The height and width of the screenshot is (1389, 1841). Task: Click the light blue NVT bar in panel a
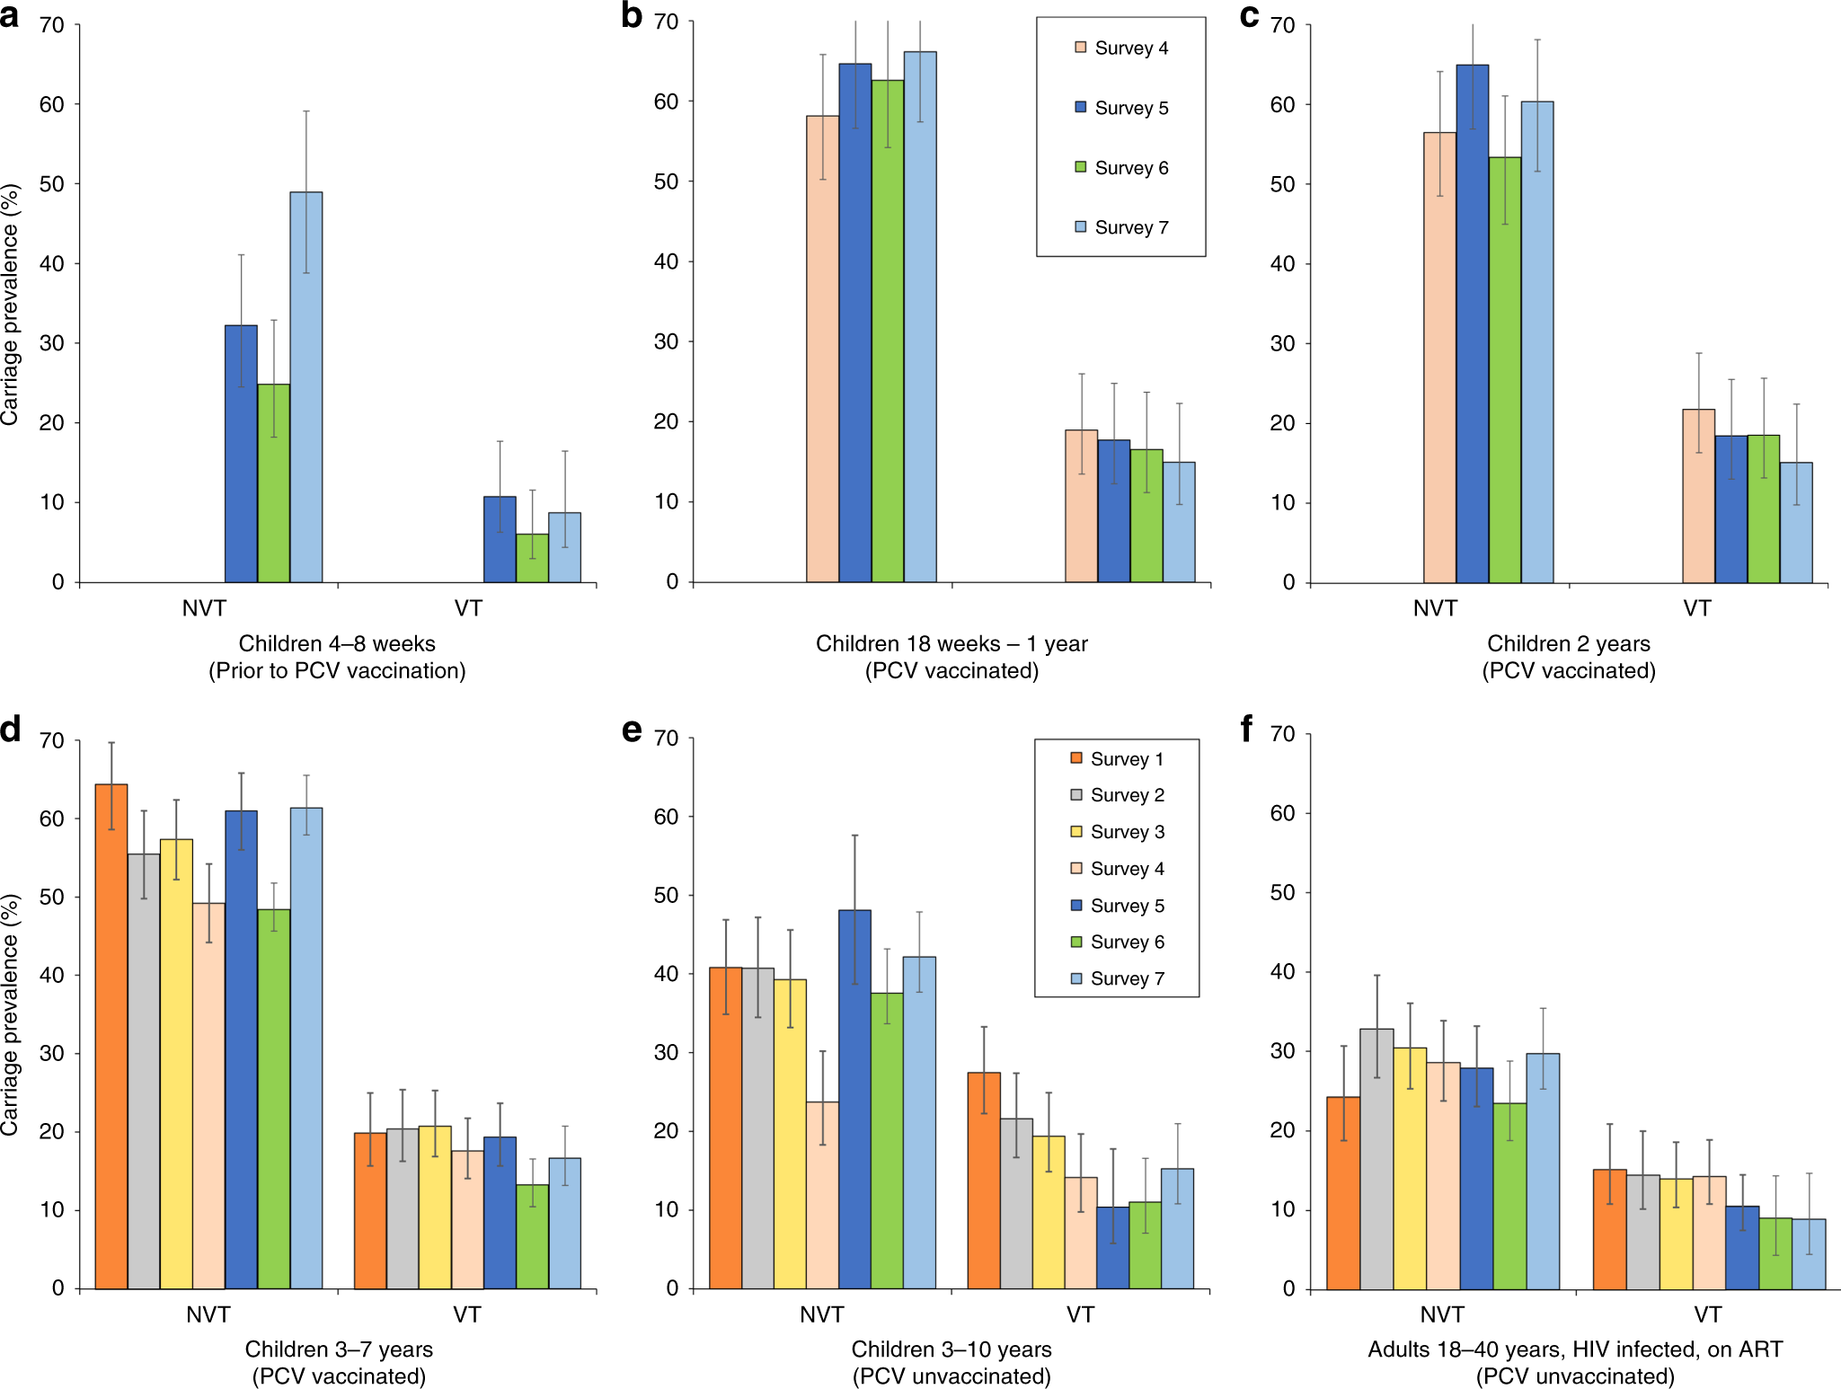point(305,386)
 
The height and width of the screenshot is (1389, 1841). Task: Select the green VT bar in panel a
point(532,558)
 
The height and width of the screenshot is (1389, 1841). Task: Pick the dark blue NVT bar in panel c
point(1472,323)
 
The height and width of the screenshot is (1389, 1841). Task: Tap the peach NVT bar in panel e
point(822,1195)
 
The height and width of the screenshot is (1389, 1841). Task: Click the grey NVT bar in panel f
point(1376,1159)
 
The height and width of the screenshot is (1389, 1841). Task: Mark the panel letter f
point(1246,729)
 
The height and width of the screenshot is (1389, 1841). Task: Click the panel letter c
point(1249,15)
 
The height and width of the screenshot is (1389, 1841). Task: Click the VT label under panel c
point(1696,608)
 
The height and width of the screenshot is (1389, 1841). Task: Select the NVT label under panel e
point(821,1314)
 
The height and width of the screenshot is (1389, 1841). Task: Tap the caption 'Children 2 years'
point(1568,643)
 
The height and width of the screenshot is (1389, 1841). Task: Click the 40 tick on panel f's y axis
point(1283,972)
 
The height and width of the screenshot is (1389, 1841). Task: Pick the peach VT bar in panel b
point(1081,506)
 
